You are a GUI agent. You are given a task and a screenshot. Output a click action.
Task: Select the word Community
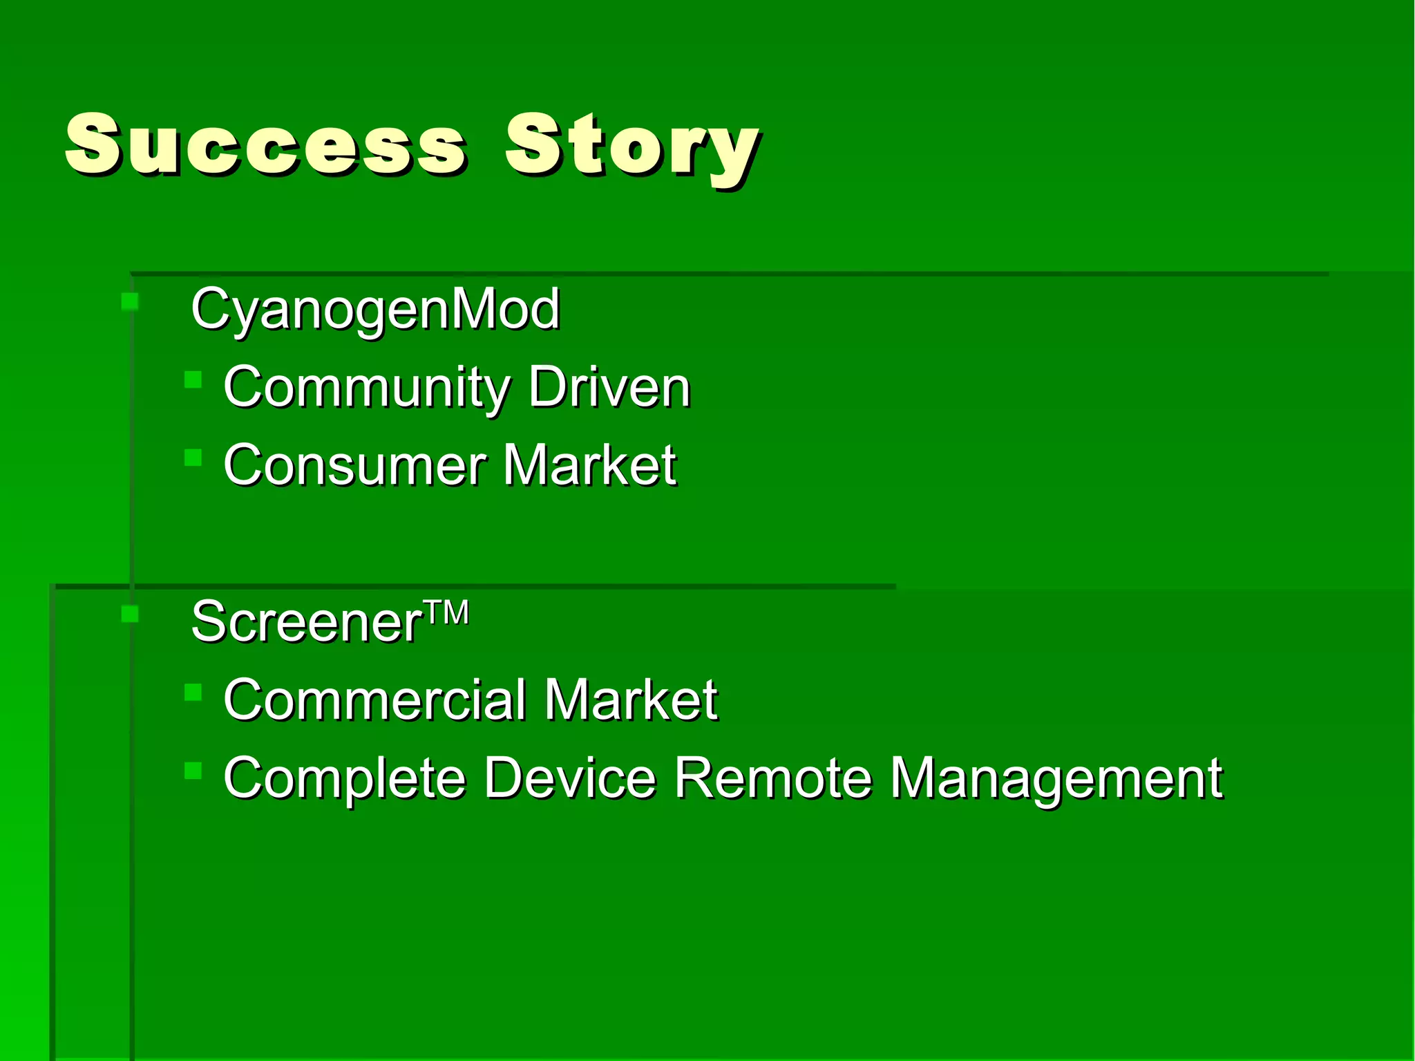click(365, 388)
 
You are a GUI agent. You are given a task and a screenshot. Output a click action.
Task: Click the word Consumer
click(354, 465)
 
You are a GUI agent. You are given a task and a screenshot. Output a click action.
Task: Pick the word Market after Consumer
click(589, 465)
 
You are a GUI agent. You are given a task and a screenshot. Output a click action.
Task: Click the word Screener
click(306, 622)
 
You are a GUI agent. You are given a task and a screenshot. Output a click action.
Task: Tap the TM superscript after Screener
click(446, 612)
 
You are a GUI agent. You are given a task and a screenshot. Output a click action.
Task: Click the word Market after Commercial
click(630, 700)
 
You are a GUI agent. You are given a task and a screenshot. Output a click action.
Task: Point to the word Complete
click(345, 778)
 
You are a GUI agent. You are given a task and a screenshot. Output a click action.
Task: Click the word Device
click(569, 778)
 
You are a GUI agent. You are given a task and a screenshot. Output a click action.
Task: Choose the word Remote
click(772, 778)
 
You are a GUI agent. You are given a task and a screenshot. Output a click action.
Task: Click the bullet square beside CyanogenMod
click(129, 301)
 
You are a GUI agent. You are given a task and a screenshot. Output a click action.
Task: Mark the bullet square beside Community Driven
click(193, 379)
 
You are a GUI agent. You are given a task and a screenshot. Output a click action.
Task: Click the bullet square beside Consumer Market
click(193, 457)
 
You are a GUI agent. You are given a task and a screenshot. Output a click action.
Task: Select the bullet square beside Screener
click(129, 614)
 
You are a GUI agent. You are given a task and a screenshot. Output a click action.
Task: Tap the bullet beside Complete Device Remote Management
click(193, 770)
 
